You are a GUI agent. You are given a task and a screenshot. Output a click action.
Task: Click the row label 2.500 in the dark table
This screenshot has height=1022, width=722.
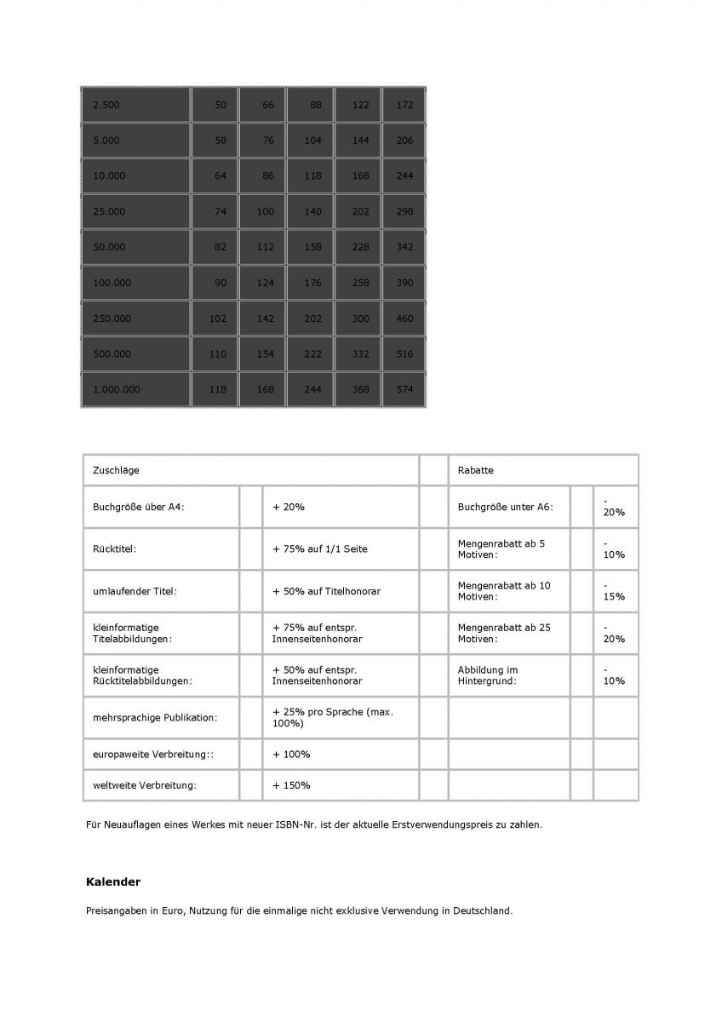tap(106, 106)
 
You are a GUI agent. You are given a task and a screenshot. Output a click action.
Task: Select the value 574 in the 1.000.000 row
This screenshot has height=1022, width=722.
tap(404, 389)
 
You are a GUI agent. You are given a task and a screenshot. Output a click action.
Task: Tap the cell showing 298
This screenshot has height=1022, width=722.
tap(404, 212)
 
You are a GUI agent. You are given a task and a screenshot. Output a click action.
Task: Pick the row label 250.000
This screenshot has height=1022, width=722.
tap(112, 319)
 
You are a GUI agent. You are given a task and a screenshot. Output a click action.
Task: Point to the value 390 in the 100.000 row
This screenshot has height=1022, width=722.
tap(404, 283)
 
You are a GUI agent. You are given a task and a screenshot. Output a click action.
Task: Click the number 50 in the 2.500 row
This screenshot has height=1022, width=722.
tap(221, 106)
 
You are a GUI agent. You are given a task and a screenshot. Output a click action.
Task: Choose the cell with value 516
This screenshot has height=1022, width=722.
tap(404, 354)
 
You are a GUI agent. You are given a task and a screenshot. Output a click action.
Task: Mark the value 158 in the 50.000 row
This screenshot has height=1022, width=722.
tap(312, 247)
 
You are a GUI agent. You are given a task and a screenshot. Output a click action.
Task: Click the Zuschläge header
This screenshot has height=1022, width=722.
tap(116, 470)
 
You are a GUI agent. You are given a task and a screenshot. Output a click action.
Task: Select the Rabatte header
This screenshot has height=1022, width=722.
tap(475, 470)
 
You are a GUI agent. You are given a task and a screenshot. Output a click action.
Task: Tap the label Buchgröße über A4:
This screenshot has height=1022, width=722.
tap(139, 507)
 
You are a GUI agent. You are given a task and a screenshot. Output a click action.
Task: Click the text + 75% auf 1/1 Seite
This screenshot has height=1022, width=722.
tap(320, 549)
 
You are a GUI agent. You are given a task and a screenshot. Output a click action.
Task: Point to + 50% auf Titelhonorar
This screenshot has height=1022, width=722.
tap(326, 591)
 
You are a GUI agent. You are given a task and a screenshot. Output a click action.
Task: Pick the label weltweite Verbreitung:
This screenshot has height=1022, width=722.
tap(145, 785)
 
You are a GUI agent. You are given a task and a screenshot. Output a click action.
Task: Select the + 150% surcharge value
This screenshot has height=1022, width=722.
tap(291, 785)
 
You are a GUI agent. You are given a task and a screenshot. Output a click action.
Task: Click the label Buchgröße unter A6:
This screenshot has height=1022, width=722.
tap(505, 507)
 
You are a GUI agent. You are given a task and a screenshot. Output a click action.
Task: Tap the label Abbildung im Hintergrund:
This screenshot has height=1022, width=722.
tap(488, 675)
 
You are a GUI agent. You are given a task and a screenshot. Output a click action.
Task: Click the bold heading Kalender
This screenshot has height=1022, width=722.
tap(113, 881)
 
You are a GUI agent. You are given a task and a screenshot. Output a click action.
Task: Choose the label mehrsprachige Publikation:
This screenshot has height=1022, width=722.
tap(155, 718)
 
